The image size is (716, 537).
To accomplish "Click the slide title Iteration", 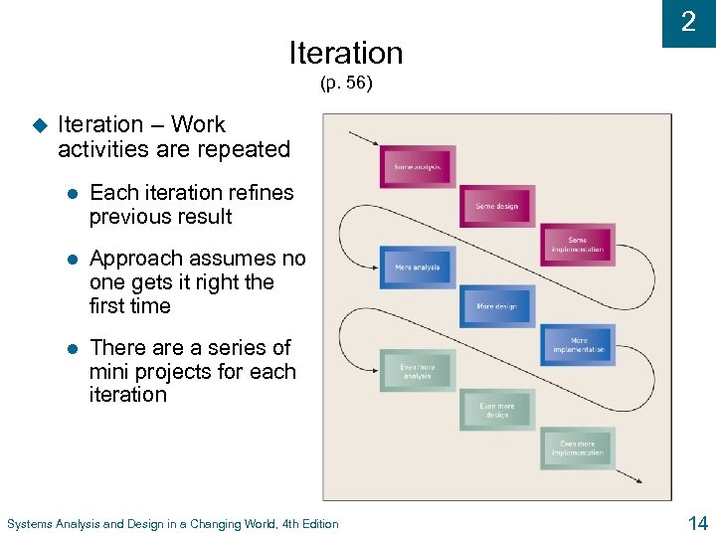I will pyautogui.click(x=345, y=52).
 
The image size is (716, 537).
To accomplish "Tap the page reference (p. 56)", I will pyautogui.click(x=346, y=84).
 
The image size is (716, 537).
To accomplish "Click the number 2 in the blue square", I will pyautogui.click(x=688, y=23).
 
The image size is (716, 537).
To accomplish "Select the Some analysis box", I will pyautogui.click(x=418, y=166).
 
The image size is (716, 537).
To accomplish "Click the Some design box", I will pyautogui.click(x=497, y=206).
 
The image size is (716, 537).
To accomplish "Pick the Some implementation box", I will pyautogui.click(x=578, y=244).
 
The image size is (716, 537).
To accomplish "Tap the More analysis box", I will pyautogui.click(x=418, y=268).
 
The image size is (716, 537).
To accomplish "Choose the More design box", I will pyautogui.click(x=497, y=306).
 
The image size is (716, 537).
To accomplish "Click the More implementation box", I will pyautogui.click(x=578, y=345).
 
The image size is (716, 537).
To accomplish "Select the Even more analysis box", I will pyautogui.click(x=418, y=371).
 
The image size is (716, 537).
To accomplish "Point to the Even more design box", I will pyautogui.click(x=497, y=410).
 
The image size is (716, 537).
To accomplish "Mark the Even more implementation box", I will pyautogui.click(x=578, y=447).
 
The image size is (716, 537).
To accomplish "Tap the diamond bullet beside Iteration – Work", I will pyautogui.click(x=39, y=126).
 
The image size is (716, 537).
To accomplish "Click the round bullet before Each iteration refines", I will pyautogui.click(x=72, y=194).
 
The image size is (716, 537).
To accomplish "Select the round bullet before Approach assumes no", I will pyautogui.click(x=72, y=260).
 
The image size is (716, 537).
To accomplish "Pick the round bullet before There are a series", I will pyautogui.click(x=72, y=349).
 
